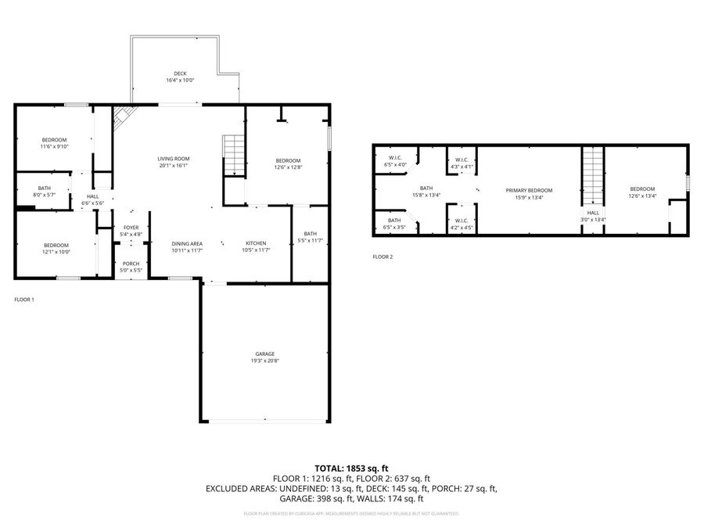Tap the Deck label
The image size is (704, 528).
(x=180, y=77)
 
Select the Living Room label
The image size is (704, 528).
(x=174, y=162)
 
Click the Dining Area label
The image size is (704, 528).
(x=187, y=246)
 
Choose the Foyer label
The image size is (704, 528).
(x=131, y=231)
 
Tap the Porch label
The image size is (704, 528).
(x=131, y=267)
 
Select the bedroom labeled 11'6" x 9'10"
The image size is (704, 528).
(x=54, y=142)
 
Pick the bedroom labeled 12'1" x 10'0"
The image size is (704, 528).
(x=56, y=249)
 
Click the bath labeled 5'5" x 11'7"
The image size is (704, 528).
(x=311, y=237)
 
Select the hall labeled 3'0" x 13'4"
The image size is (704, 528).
(x=593, y=216)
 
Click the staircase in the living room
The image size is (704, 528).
(x=235, y=155)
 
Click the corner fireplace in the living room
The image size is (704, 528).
(x=121, y=118)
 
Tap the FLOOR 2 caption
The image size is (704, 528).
(x=383, y=257)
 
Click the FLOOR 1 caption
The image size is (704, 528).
(x=24, y=299)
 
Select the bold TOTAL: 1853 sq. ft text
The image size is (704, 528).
(x=351, y=467)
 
